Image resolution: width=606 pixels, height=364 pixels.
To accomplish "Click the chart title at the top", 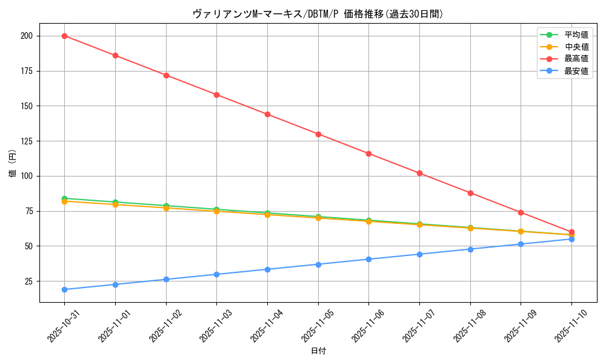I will (318, 14).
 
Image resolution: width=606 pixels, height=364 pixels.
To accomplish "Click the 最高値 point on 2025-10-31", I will (65, 36).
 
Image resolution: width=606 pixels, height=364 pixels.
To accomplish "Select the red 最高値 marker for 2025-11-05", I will (318, 134).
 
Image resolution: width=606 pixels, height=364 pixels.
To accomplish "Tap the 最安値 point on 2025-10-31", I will (65, 289).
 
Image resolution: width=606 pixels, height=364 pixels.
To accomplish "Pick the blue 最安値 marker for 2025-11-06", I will (368, 259).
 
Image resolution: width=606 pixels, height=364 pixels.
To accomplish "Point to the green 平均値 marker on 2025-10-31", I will (65, 198).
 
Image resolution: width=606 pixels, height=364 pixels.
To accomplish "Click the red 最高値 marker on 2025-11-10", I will (571, 232).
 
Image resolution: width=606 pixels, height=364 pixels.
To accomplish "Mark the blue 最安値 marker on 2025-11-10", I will (571, 239).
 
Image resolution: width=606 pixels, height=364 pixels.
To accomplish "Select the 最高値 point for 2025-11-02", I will (166, 75).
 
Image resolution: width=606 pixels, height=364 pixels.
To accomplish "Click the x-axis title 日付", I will (318, 351).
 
